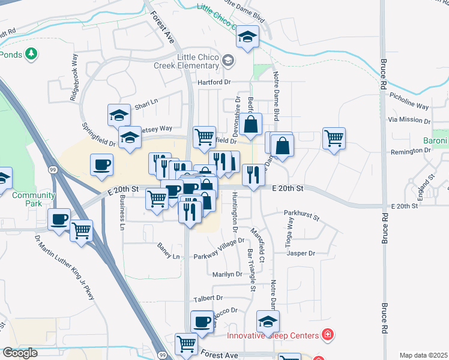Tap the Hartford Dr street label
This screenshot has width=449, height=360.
click(x=214, y=82)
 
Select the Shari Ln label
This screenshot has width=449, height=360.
click(x=145, y=102)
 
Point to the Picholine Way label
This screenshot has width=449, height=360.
click(x=409, y=100)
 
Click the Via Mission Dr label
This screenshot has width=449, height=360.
click(x=410, y=120)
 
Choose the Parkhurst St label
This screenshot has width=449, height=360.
click(x=302, y=214)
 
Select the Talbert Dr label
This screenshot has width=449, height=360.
click(x=208, y=298)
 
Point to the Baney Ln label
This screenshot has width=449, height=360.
click(x=168, y=257)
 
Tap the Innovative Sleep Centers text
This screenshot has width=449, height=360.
click(x=273, y=335)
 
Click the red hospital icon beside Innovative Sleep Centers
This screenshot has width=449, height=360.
click(x=327, y=334)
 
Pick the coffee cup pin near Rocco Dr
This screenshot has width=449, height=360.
click(x=202, y=321)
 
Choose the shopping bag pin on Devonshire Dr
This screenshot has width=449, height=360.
click(x=253, y=124)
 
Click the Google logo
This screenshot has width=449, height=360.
click(x=20, y=353)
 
